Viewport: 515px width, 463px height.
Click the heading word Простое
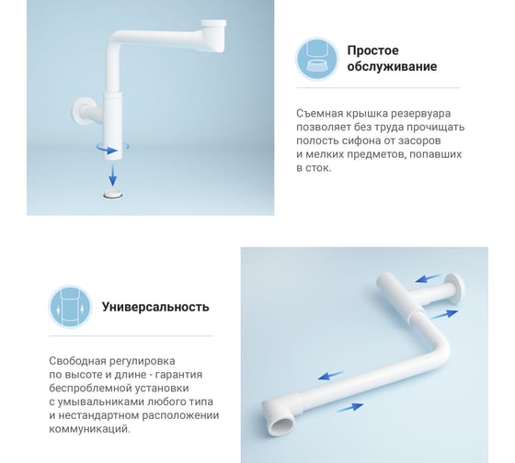(372, 51)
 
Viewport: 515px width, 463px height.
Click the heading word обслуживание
(392, 67)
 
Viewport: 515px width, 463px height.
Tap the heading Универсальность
(155, 307)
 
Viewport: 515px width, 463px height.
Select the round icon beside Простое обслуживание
(317, 59)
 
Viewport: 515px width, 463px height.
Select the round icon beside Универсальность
(70, 307)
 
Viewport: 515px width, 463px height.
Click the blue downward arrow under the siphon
(112, 175)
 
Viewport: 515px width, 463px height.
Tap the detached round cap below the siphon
(113, 194)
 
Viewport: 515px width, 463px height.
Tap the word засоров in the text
(419, 141)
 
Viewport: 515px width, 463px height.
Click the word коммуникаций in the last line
(90, 429)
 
